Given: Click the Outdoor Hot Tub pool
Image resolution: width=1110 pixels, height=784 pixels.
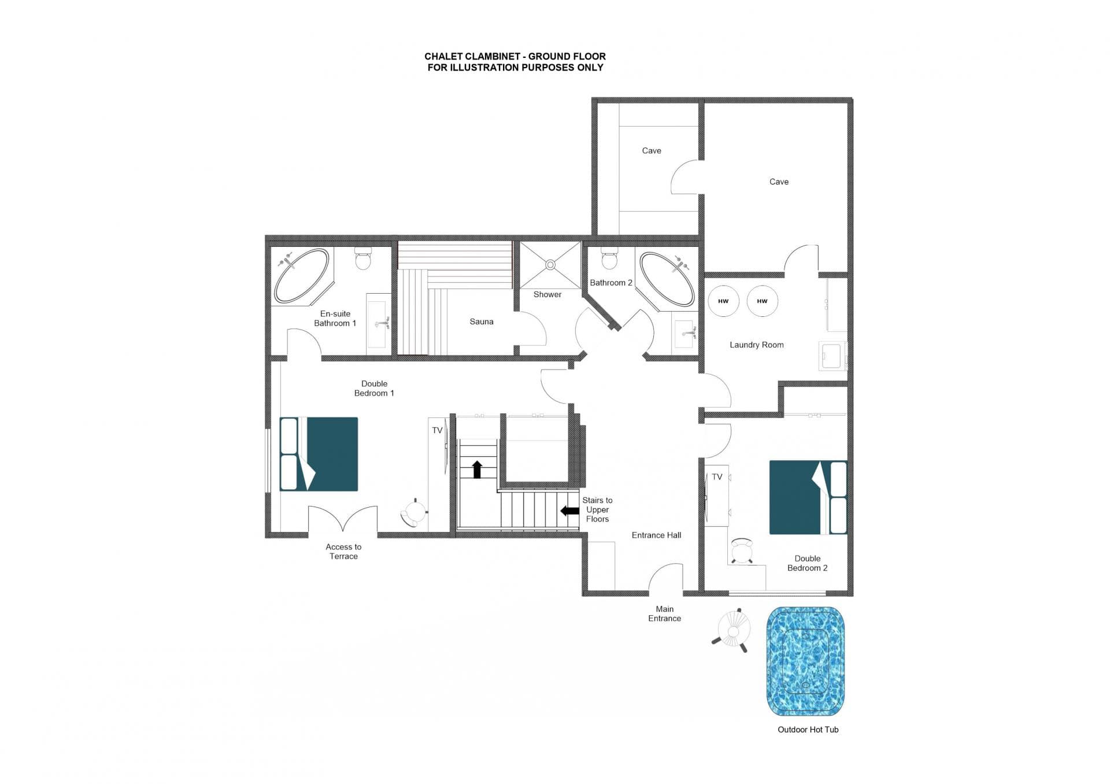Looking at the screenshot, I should [805, 661].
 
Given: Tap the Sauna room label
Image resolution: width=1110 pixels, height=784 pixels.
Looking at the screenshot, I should [481, 321].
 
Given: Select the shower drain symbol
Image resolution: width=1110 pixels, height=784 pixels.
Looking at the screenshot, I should [550, 265].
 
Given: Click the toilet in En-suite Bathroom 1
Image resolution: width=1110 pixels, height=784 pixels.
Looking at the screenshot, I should [363, 259].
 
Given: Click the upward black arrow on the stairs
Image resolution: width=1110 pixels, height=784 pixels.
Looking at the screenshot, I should [477, 469].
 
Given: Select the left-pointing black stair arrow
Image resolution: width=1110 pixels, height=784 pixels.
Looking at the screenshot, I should [570, 511].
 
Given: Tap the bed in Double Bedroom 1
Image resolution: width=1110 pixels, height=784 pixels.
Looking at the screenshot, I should [319, 454].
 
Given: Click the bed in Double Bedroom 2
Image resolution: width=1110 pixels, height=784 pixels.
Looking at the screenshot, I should [808, 497].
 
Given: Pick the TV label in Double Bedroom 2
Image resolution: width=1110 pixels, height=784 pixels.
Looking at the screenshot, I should [717, 477].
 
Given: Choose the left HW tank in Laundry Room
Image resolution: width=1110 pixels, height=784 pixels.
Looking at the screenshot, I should [723, 301].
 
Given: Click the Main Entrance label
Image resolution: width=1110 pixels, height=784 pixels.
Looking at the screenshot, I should [664, 613].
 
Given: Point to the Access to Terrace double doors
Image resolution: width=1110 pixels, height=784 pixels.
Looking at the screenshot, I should [343, 519].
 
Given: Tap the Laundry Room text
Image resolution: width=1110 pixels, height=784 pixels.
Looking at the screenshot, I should [756, 345].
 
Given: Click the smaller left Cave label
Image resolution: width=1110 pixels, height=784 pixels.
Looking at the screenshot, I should [652, 150].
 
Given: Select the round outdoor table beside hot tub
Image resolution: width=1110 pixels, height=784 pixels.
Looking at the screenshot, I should [734, 629].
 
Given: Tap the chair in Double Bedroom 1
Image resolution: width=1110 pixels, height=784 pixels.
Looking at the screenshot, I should [414, 513].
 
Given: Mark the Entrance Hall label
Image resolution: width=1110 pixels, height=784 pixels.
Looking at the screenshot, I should [656, 535].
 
